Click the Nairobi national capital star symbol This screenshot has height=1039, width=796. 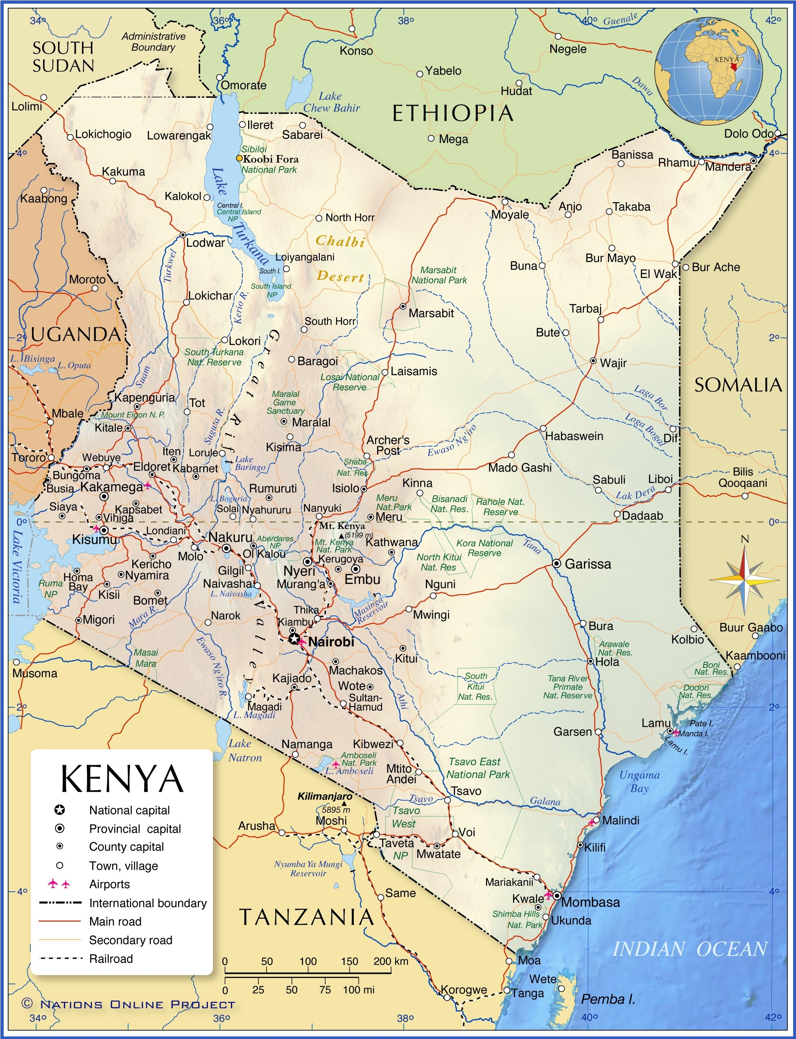[x=294, y=639]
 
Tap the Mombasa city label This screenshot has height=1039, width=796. [x=590, y=902]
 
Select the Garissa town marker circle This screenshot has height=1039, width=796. [x=557, y=563]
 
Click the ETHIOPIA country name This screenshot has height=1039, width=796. [x=452, y=114]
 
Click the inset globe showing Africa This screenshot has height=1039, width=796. [x=709, y=71]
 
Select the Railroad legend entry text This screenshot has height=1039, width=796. [x=111, y=958]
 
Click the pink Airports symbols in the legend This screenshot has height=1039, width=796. [x=59, y=883]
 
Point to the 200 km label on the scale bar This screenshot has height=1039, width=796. [x=390, y=961]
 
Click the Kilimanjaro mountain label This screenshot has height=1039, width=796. [x=325, y=796]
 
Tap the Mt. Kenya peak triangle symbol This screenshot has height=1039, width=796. [x=341, y=536]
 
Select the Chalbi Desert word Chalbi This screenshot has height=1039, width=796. [x=340, y=241]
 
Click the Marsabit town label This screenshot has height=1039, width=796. [x=431, y=313]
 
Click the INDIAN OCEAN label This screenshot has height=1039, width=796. [x=690, y=949]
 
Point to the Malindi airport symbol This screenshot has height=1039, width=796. [x=591, y=823]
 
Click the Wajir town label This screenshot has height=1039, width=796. [x=613, y=363]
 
